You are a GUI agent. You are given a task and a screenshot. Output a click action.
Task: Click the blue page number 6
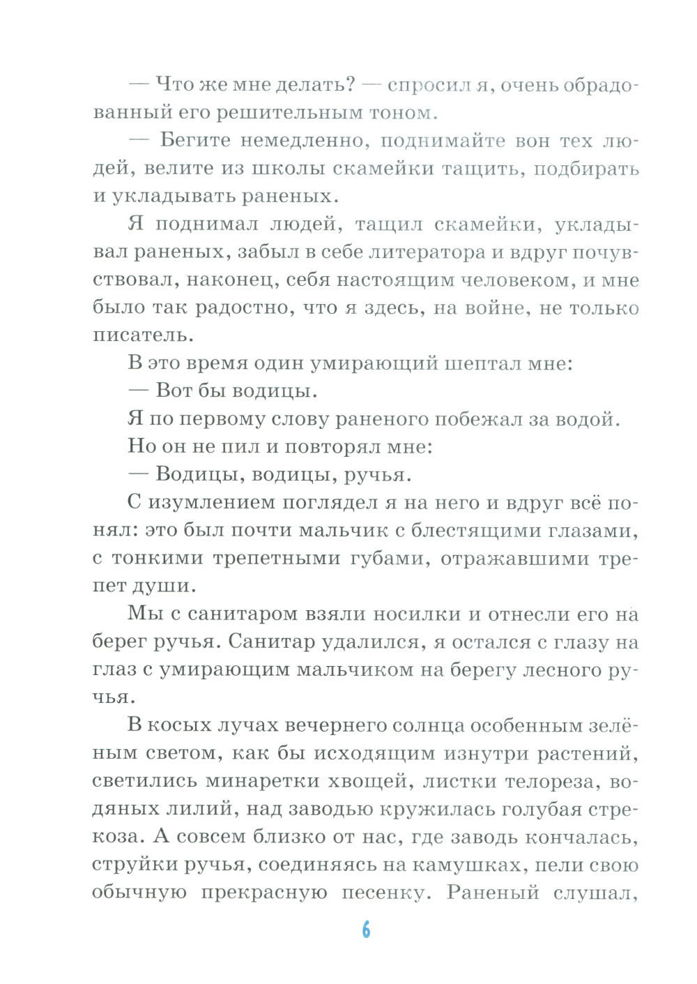pyautogui.click(x=366, y=930)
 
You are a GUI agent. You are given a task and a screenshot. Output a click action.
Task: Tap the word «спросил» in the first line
pyautogui.click(x=427, y=85)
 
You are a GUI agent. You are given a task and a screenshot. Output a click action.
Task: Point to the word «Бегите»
pyautogui.click(x=195, y=140)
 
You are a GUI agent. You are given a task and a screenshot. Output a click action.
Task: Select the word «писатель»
pyautogui.click(x=143, y=335)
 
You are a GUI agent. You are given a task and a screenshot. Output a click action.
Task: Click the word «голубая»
pyautogui.click(x=535, y=809)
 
